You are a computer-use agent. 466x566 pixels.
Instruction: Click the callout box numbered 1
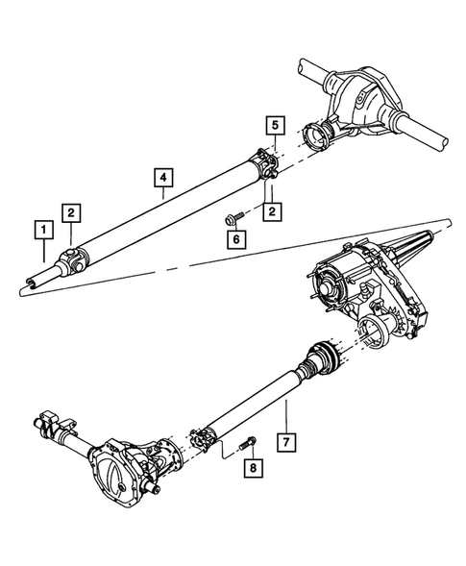click(41, 230)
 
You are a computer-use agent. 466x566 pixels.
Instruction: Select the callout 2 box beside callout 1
click(72, 212)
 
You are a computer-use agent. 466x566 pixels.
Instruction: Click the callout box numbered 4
click(163, 177)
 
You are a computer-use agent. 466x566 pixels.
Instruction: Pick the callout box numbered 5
click(274, 125)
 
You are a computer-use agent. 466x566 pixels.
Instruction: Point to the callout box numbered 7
click(285, 443)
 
